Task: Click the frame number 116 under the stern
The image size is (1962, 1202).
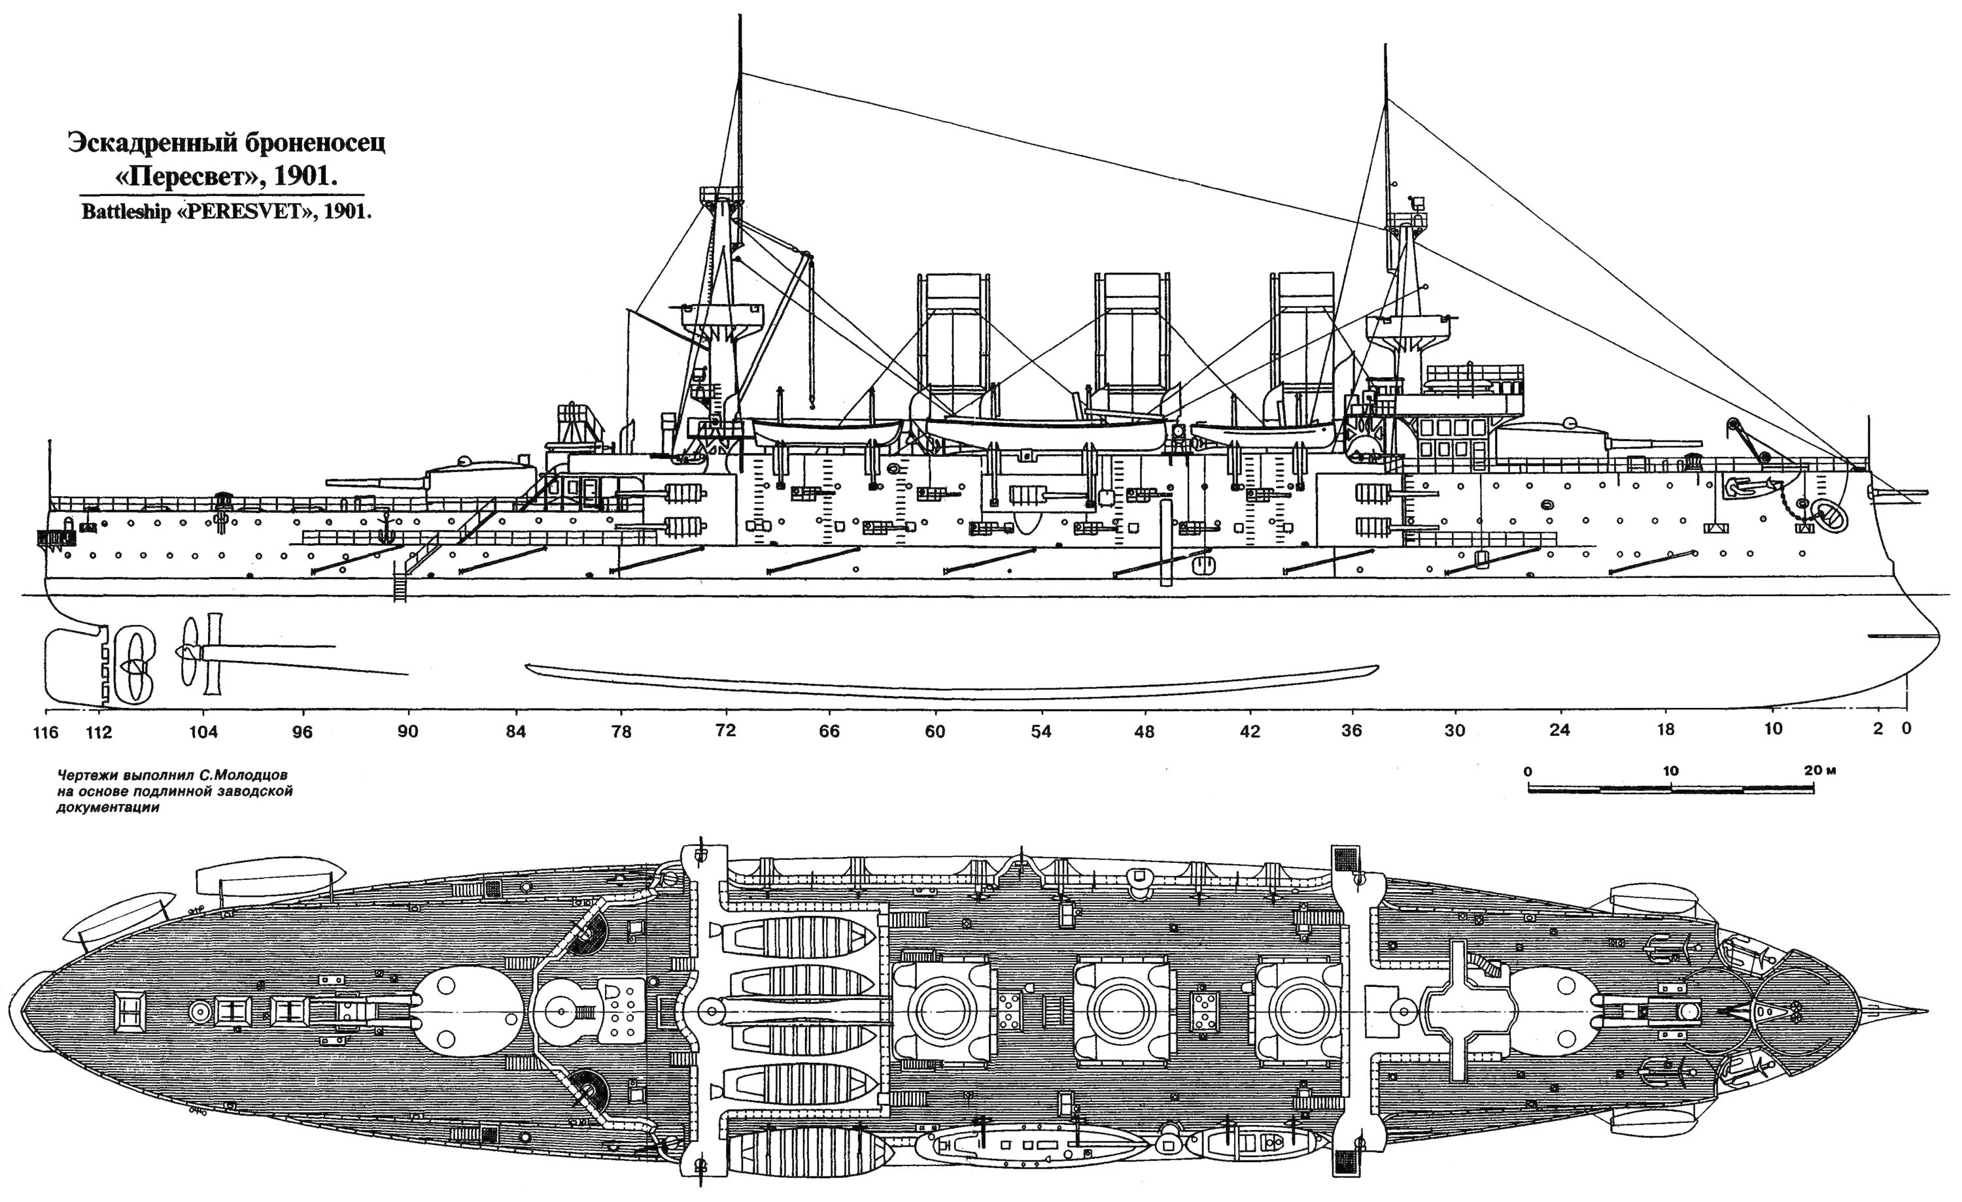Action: [x=47, y=731]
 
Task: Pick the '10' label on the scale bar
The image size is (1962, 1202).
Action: [x=1670, y=771]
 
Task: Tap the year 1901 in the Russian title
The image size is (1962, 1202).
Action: [x=306, y=176]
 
